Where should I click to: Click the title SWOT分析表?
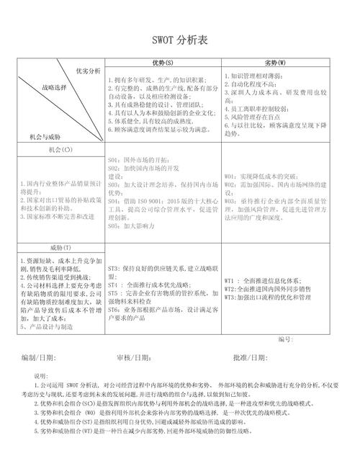coord(179,42)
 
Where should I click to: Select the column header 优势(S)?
coord(163,63)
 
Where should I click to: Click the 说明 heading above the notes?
coord(41,376)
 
